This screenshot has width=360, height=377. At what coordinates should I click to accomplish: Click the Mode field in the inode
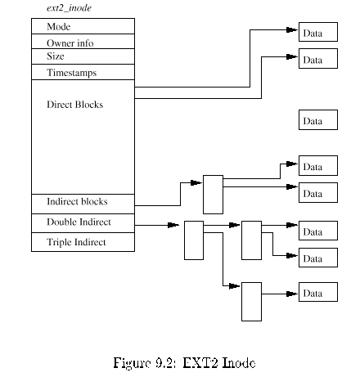click(x=83, y=26)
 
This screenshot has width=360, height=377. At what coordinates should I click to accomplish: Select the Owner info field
click(x=83, y=42)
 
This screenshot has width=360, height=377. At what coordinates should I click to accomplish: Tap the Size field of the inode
click(x=83, y=56)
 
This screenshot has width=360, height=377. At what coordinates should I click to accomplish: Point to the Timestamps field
click(x=83, y=72)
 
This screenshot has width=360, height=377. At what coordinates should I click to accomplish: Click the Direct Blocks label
click(x=75, y=105)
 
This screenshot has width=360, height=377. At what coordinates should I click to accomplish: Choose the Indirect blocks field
click(x=83, y=204)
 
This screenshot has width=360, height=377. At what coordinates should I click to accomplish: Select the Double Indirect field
click(x=83, y=223)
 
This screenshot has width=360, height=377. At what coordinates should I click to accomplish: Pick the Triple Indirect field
click(x=83, y=242)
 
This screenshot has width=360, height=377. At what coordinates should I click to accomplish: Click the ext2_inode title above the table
click(x=69, y=8)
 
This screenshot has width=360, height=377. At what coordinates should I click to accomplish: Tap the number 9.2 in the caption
click(x=165, y=363)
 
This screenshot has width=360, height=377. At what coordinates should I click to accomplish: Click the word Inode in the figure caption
click(x=239, y=363)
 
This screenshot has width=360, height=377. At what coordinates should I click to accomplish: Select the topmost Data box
click(x=318, y=32)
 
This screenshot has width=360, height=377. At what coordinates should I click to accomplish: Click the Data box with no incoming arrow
click(x=318, y=119)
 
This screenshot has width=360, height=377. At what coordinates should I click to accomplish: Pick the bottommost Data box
click(x=318, y=292)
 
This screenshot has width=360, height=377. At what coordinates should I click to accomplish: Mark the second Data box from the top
click(x=318, y=58)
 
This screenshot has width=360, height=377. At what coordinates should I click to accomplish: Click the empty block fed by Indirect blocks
click(x=213, y=195)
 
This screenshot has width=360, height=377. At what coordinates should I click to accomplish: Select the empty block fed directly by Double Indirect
click(x=194, y=240)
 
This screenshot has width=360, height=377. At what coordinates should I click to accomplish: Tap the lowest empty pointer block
click(x=251, y=302)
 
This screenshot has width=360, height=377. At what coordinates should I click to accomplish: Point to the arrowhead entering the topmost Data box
click(x=292, y=29)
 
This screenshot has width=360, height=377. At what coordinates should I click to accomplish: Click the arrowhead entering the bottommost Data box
click(x=292, y=294)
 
